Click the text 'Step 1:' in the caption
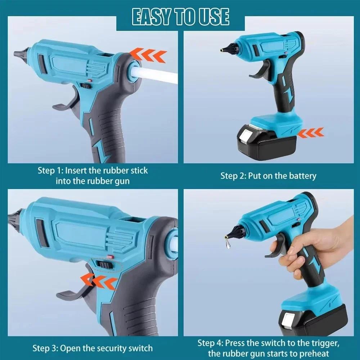tap(51, 170)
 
